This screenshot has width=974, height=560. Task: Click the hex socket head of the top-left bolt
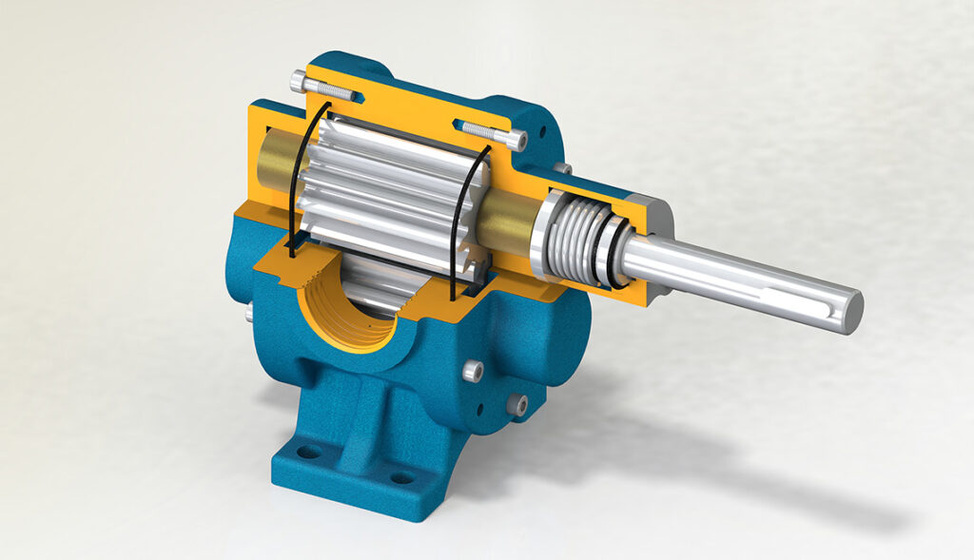(298, 80)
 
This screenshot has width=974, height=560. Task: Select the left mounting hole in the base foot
(308, 452)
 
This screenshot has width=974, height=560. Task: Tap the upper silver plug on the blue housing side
(472, 373)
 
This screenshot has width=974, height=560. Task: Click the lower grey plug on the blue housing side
(516, 405)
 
